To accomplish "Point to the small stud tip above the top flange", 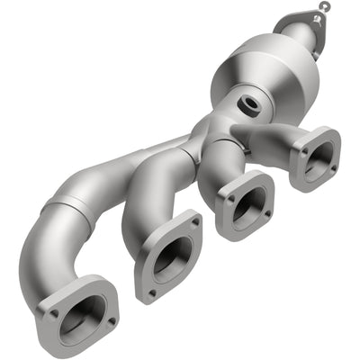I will pyautogui.click(x=324, y=7).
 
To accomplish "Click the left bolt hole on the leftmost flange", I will pyautogui.click(x=55, y=313).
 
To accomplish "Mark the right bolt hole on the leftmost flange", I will pyautogui.click(x=112, y=319).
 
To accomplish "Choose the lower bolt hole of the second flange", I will pyautogui.click(x=152, y=292).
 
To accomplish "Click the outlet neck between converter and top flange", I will pyautogui.click(x=292, y=40).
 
